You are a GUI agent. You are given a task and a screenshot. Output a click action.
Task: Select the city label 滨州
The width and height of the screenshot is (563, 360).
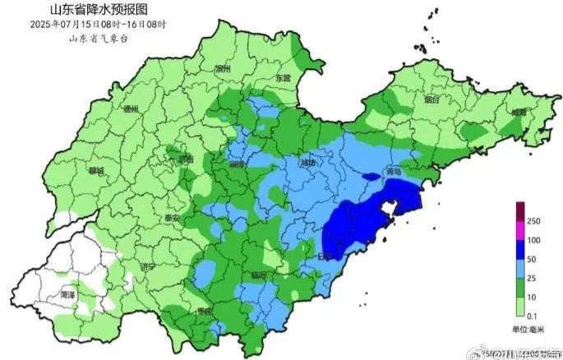pyautogui.click(x=221, y=69)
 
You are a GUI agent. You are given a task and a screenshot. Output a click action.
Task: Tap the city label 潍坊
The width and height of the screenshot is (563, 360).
pyautogui.click(x=308, y=163)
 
